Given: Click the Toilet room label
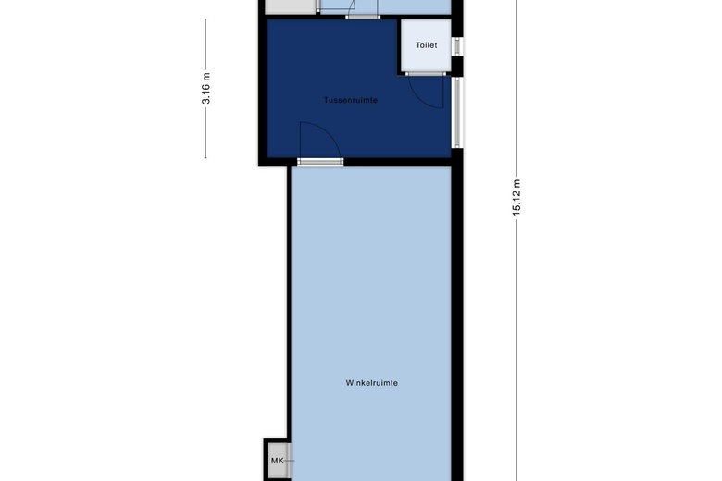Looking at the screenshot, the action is (x=427, y=45).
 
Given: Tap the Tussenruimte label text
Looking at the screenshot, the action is (x=351, y=100).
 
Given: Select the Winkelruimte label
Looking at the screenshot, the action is (x=371, y=383).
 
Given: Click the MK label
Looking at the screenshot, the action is (x=277, y=461).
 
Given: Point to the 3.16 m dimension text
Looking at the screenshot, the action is (x=205, y=89).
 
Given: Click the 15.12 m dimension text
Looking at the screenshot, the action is (x=517, y=197).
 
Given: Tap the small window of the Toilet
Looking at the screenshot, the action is (x=457, y=46).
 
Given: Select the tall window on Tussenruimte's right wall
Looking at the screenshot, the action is (x=456, y=112).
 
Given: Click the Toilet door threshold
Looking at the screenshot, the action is (x=426, y=73).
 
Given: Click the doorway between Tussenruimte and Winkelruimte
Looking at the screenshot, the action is (x=320, y=162).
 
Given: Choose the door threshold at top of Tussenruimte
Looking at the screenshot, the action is (x=363, y=17).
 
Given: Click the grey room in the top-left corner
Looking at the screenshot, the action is (x=290, y=6).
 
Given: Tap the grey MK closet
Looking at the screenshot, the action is (x=278, y=461).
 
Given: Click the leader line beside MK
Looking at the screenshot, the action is (x=289, y=461).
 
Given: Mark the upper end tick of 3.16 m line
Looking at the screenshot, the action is (x=205, y=19).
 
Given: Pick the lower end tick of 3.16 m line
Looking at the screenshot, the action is (x=205, y=158).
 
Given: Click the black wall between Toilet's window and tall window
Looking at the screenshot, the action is (x=456, y=67).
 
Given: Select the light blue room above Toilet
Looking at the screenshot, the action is (x=385, y=6).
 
